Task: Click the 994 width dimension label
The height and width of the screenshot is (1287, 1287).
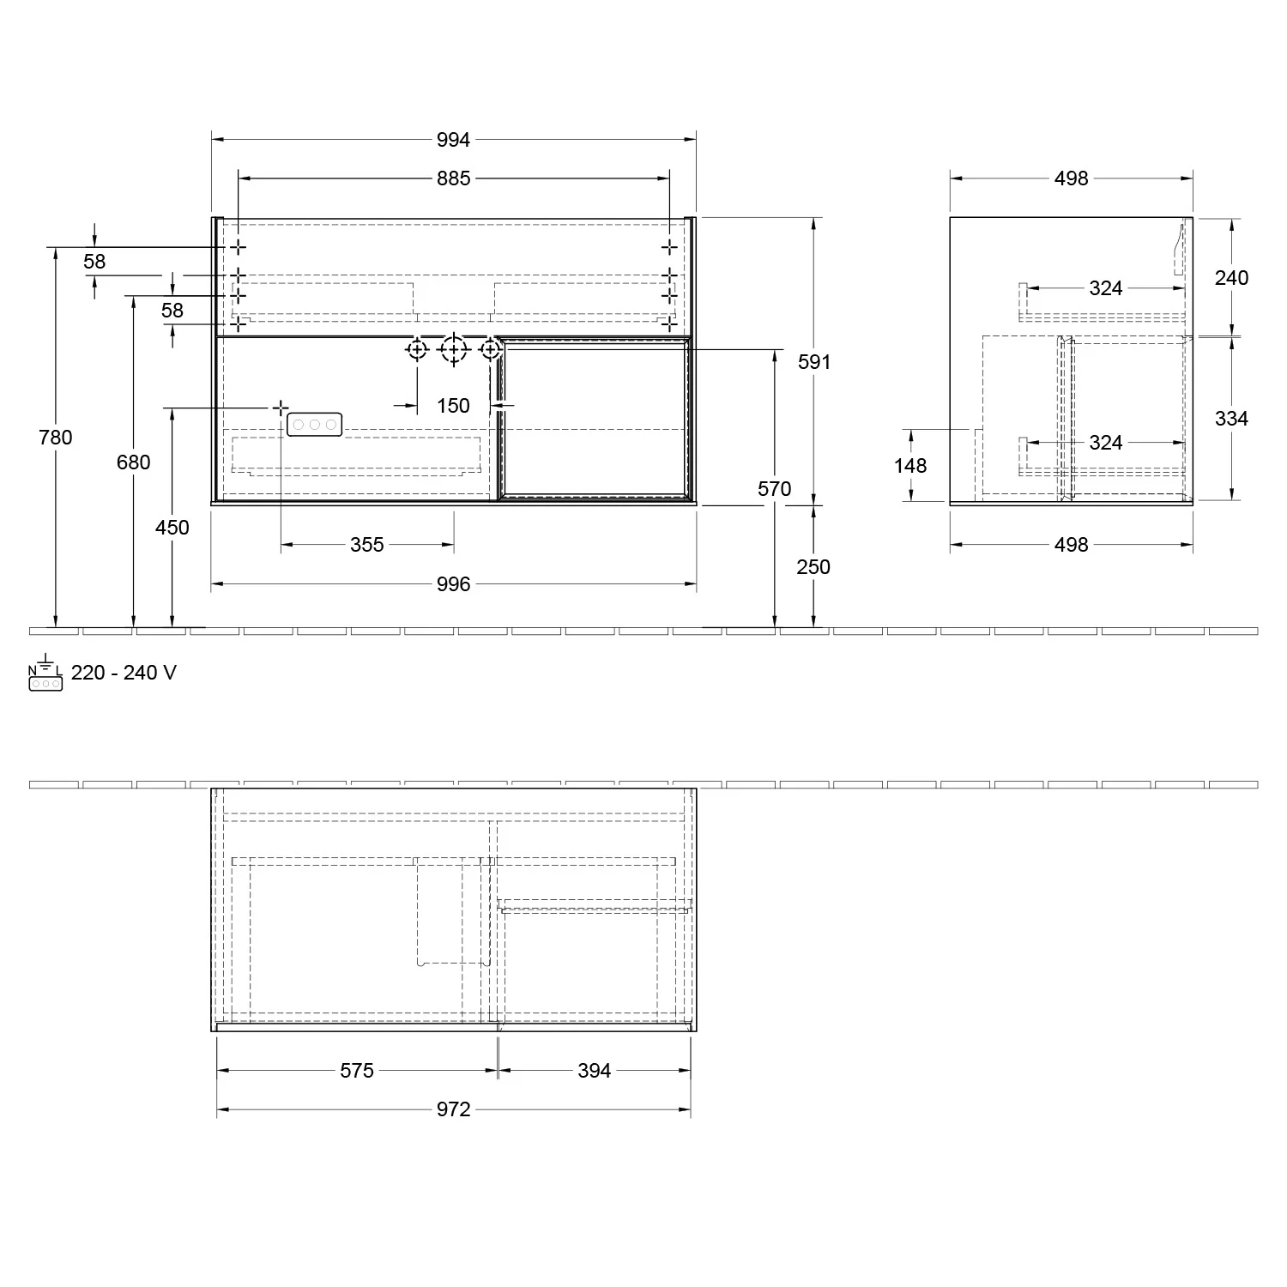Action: [453, 139]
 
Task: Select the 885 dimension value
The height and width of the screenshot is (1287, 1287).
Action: [453, 178]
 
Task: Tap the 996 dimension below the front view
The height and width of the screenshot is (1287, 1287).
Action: [453, 584]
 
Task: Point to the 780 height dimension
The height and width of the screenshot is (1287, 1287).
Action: [56, 438]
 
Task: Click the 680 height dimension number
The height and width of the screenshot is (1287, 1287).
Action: [133, 462]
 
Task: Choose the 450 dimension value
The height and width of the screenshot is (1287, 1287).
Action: [172, 528]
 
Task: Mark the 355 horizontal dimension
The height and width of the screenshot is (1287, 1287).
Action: [366, 545]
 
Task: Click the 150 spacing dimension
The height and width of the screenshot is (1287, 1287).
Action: [453, 406]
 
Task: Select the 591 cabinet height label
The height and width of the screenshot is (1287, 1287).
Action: [814, 362]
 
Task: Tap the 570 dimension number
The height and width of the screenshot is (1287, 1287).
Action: [774, 489]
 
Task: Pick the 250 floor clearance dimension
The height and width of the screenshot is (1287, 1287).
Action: [813, 567]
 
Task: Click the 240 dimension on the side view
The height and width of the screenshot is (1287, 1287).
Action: [1231, 278]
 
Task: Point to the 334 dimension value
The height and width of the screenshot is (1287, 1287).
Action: [1231, 419]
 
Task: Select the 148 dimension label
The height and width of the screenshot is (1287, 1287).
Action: [910, 466]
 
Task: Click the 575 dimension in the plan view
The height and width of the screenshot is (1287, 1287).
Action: [357, 1071]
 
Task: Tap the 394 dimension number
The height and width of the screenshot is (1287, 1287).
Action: [594, 1071]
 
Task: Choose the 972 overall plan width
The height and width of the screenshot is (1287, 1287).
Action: [453, 1110]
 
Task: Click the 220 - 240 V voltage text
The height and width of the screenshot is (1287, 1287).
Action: [124, 673]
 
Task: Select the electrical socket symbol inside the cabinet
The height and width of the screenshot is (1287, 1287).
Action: [315, 424]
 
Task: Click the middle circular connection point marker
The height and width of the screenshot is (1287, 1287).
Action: [452, 349]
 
